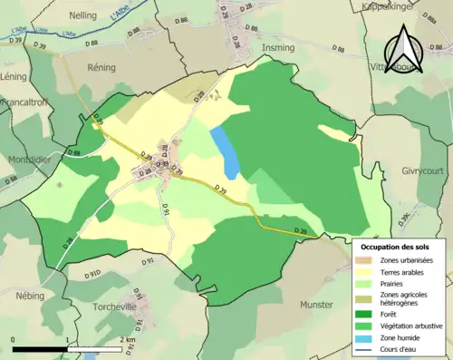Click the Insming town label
tap(277, 47)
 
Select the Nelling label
tap(83, 15)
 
